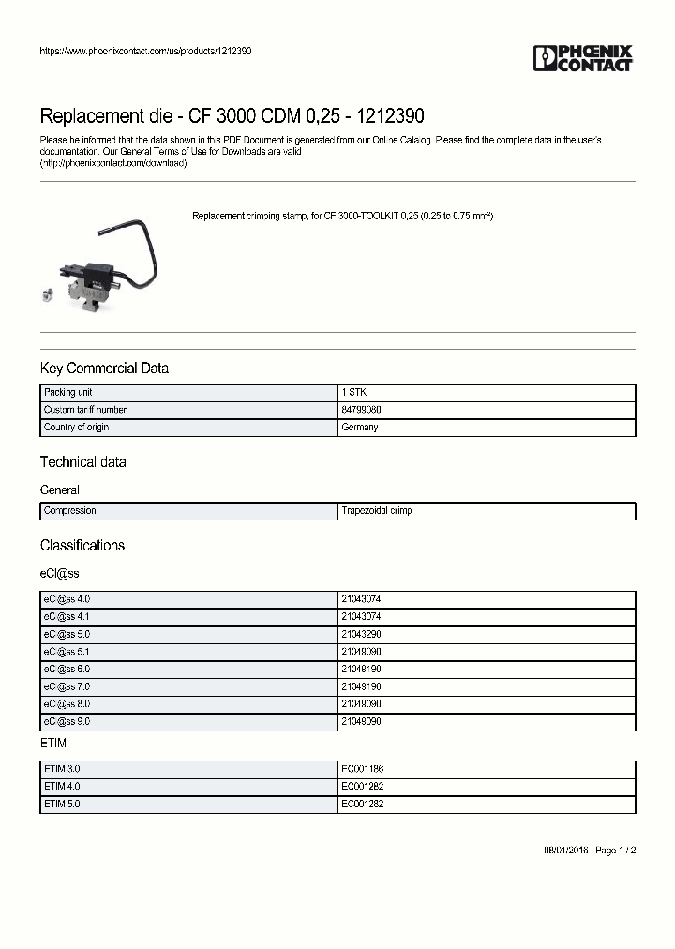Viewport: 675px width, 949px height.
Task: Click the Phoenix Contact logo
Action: (x=582, y=58)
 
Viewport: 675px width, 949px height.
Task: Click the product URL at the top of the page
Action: (x=145, y=51)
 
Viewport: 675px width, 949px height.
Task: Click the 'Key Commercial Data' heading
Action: (x=104, y=369)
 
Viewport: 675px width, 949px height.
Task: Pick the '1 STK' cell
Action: (x=354, y=392)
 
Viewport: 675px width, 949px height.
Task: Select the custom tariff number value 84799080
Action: (x=362, y=410)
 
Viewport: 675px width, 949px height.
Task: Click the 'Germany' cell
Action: (x=360, y=428)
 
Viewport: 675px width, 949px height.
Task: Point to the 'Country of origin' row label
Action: (x=77, y=428)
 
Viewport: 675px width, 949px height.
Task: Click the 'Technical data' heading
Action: (x=82, y=462)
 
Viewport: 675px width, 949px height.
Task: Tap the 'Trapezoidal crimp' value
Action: (x=377, y=511)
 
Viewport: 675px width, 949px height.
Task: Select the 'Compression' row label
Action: (x=70, y=511)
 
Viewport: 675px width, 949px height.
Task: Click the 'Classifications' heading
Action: (x=82, y=546)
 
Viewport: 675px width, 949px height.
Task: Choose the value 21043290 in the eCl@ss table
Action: (x=362, y=634)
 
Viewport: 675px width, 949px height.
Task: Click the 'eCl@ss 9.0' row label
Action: (x=67, y=722)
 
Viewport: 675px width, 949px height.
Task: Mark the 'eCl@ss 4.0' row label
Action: (x=67, y=598)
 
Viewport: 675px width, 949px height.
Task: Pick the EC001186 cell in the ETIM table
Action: (x=362, y=768)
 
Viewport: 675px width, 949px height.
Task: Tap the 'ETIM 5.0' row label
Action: (x=63, y=804)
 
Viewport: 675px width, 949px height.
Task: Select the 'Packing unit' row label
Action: (x=67, y=392)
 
